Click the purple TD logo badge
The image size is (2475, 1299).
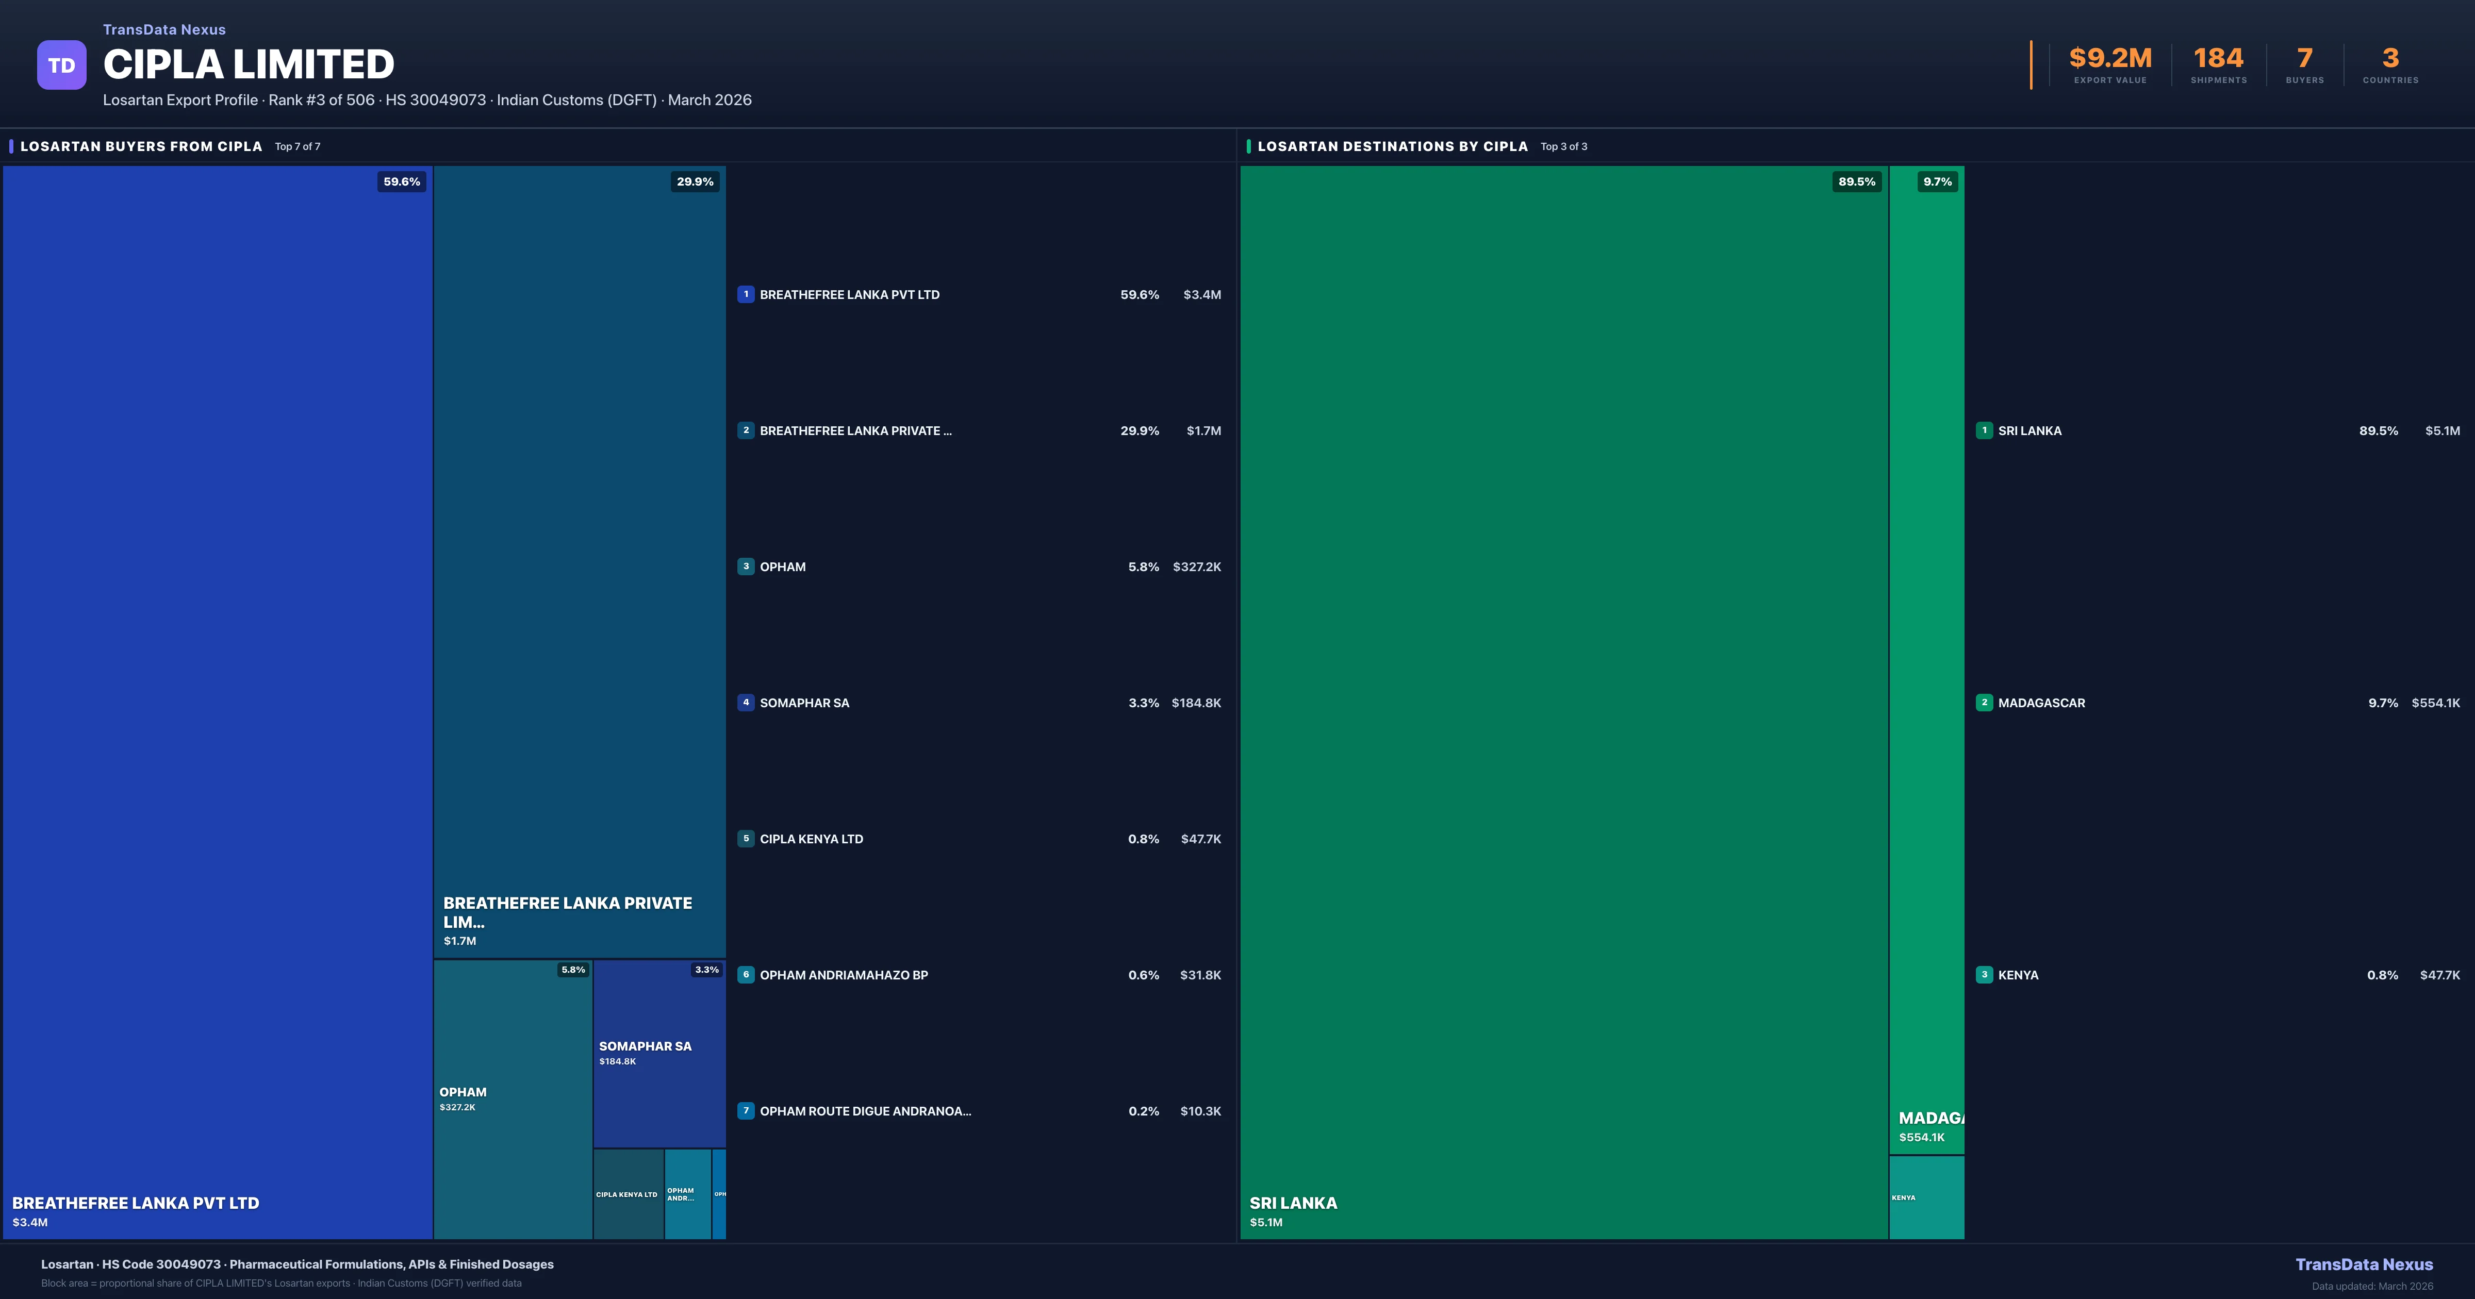pyautogui.click(x=61, y=65)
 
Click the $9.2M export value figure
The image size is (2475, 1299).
pyautogui.click(x=2110, y=59)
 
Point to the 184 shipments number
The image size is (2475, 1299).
pyautogui.click(x=2218, y=59)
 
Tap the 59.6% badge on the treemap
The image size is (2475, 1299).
pyautogui.click(x=402, y=181)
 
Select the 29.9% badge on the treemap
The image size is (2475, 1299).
pyautogui.click(x=695, y=181)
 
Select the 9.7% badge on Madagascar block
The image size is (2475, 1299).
pyautogui.click(x=1937, y=181)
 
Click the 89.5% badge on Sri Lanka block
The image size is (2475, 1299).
pyautogui.click(x=1856, y=181)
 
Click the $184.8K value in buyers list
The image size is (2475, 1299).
pyautogui.click(x=1196, y=703)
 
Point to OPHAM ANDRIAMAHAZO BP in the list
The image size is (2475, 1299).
pyautogui.click(x=844, y=975)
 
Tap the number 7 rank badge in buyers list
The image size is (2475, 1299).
pyautogui.click(x=746, y=1111)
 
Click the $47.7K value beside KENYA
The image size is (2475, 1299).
pyautogui.click(x=2439, y=975)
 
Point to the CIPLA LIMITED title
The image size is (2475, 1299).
pyautogui.click(x=249, y=64)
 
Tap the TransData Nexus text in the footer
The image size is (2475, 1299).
pyautogui.click(x=2364, y=1264)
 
